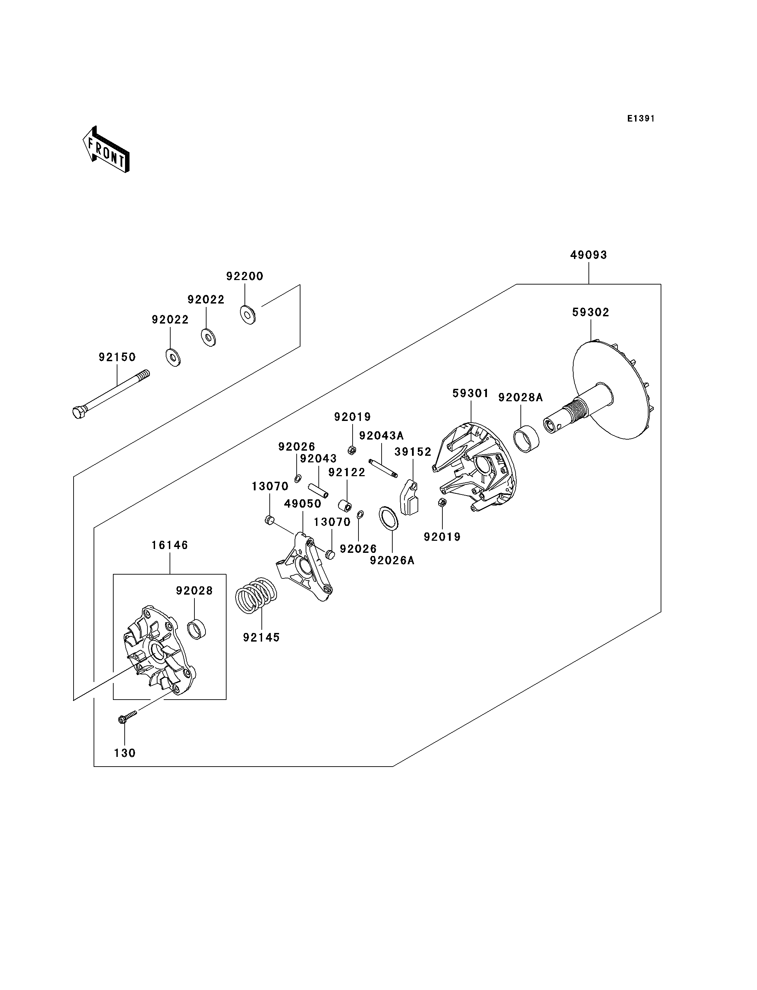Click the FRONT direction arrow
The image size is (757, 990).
click(106, 150)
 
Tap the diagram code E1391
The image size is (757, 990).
click(641, 118)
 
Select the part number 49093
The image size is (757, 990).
click(588, 255)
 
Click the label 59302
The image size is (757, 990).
click(590, 312)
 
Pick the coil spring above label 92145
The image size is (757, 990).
click(256, 595)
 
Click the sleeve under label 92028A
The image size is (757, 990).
click(526, 439)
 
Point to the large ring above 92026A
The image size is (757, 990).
click(389, 518)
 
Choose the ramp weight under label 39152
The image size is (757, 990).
click(410, 498)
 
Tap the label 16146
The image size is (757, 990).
click(170, 545)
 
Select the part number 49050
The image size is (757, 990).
click(302, 504)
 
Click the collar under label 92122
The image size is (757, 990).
click(345, 506)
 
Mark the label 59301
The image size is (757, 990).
click(470, 393)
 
